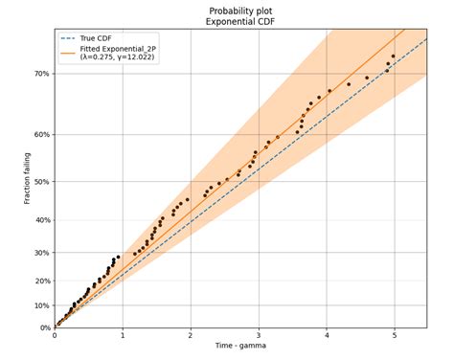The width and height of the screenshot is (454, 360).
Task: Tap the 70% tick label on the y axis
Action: pos(40,74)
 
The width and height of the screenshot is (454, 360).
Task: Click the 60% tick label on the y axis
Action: pos(40,135)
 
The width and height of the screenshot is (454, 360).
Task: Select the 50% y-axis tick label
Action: pos(40,182)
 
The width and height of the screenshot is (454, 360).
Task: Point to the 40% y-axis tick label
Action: pos(40,220)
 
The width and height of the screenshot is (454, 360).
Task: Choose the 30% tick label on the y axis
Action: pos(40,253)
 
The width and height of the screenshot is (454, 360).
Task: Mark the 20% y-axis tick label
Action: pos(40,281)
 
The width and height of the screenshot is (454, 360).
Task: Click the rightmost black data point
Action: pos(393,56)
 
